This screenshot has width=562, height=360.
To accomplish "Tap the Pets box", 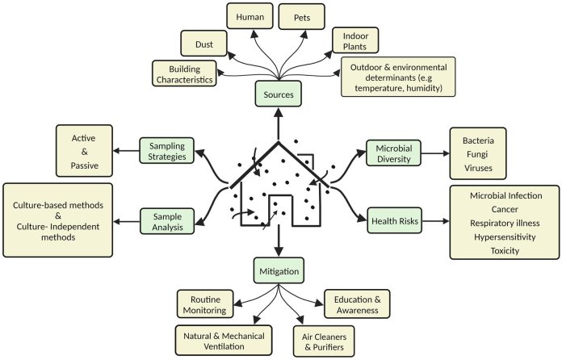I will click(x=300, y=16).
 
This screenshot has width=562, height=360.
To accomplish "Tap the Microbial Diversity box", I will click(x=395, y=152).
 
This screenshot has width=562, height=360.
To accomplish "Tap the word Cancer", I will click(x=506, y=208).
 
